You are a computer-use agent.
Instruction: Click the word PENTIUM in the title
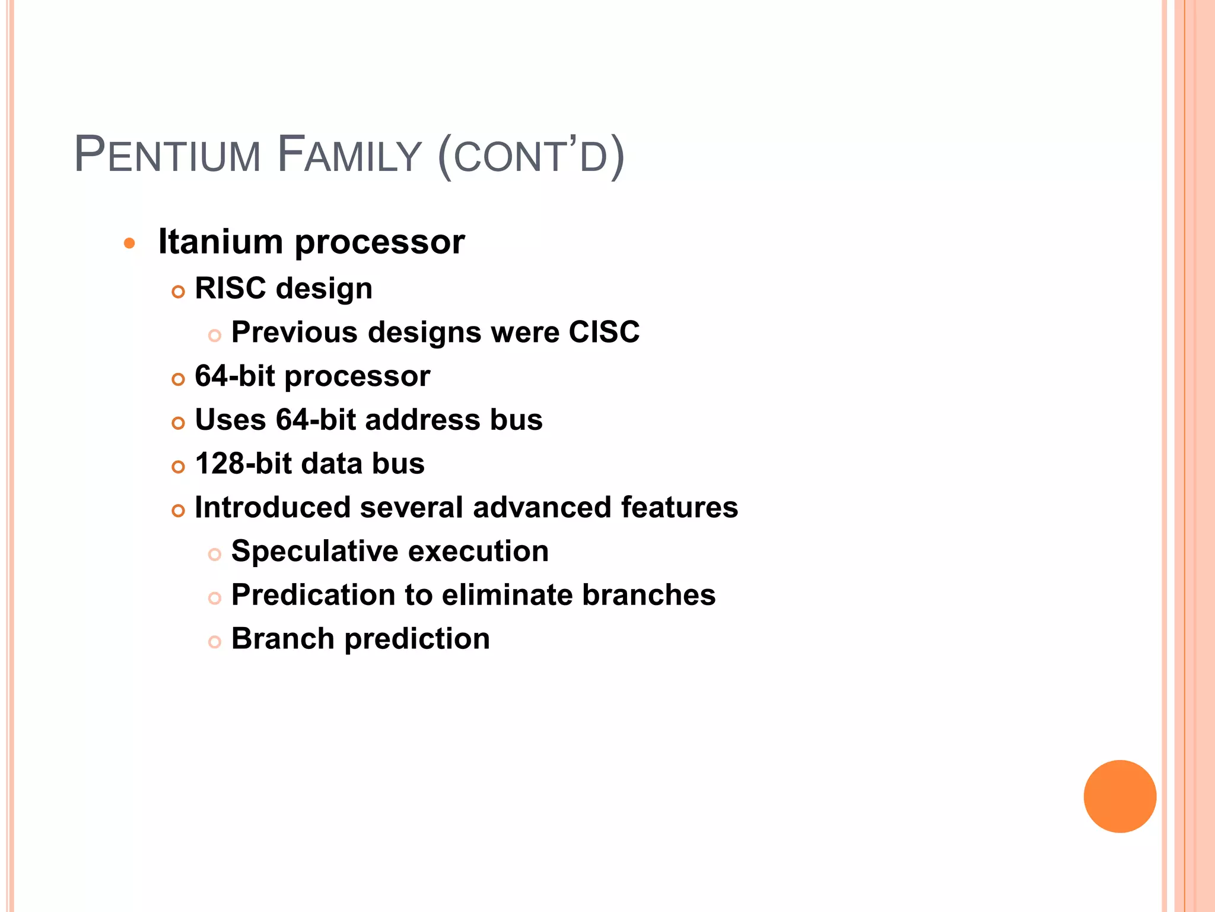tap(167, 156)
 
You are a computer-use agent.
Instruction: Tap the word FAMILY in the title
tap(349, 156)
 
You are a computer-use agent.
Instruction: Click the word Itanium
tap(221, 242)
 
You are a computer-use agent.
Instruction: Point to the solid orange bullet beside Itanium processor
tap(129, 243)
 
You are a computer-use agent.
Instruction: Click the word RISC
tap(230, 289)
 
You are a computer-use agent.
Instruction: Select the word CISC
tap(604, 332)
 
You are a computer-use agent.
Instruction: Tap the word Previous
tap(294, 332)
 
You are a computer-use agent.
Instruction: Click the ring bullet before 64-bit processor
tap(178, 379)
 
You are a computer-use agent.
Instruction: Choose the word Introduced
tap(272, 508)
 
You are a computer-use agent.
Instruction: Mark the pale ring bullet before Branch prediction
tap(215, 642)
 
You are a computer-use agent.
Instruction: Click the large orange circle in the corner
tap(1119, 796)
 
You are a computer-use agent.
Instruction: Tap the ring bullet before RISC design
tap(178, 292)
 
